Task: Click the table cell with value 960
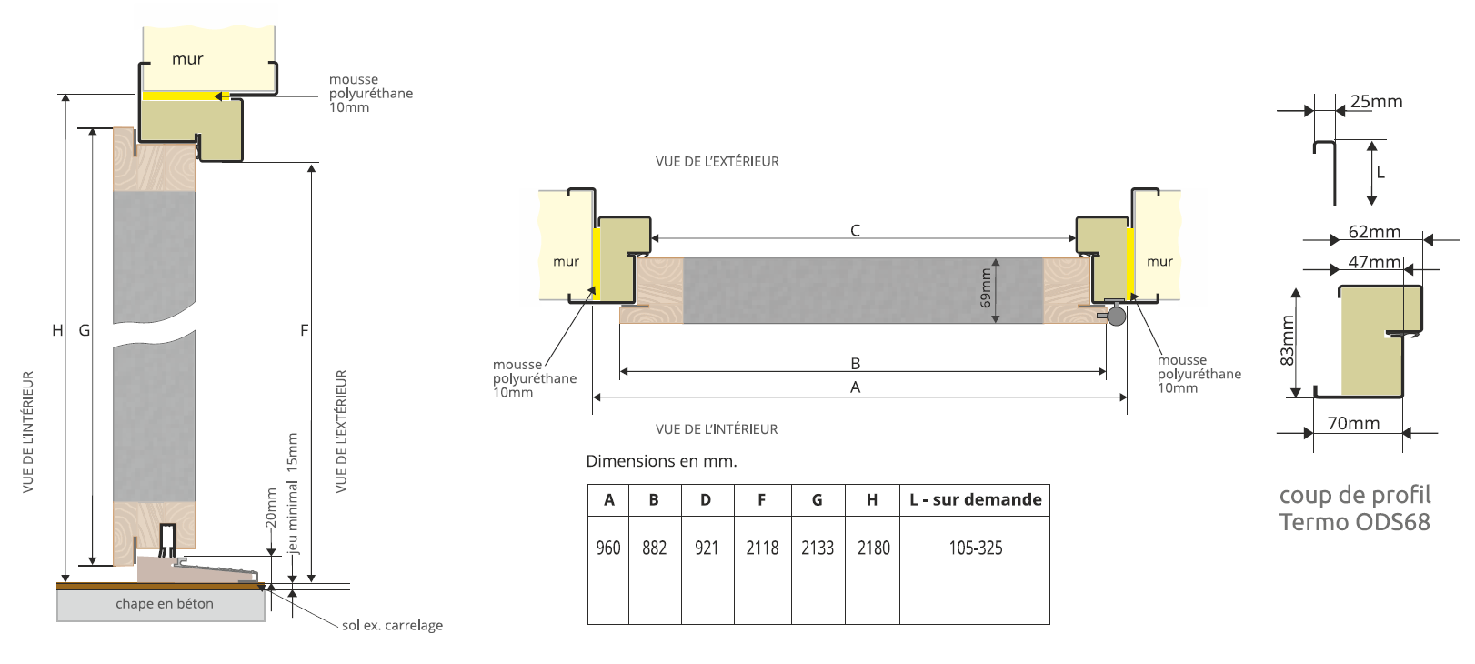pos(608,548)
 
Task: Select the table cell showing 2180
pos(873,548)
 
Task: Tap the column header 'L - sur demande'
pos(975,499)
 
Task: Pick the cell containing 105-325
pos(975,548)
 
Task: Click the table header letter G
pos(817,499)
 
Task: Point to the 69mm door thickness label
pos(986,287)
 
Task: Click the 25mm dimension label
pos(1376,101)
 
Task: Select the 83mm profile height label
pos(1287,340)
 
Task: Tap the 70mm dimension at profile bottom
pos(1353,423)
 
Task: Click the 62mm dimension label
pos(1374,232)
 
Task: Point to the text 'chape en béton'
pos(165,603)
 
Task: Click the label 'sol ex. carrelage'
pos(392,625)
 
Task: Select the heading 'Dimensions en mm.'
pos(661,461)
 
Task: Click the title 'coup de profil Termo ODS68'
pos(1354,508)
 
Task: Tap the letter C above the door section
pos(855,230)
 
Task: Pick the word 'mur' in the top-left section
pos(187,59)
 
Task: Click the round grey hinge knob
pos(1116,316)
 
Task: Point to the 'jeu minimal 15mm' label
pos(292,493)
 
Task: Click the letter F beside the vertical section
pos(305,330)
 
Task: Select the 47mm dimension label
pos(1374,262)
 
